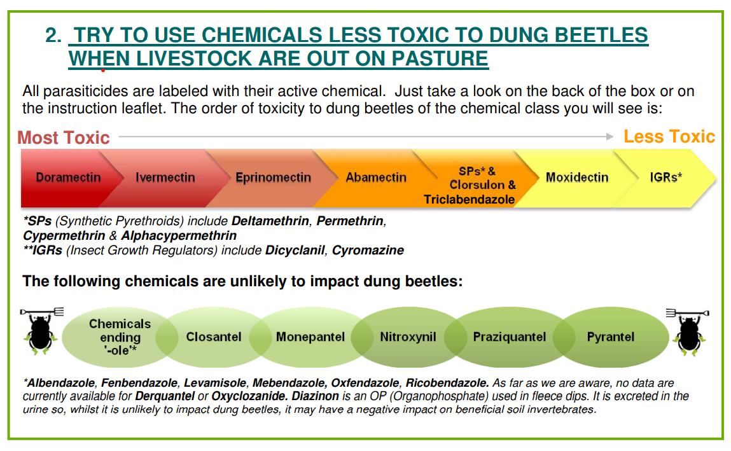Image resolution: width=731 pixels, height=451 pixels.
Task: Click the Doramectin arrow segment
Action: pyautogui.click(x=66, y=177)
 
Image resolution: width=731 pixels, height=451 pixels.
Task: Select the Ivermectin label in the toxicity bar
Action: pyautogui.click(x=165, y=177)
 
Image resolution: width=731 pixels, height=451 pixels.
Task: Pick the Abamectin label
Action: pyautogui.click(x=376, y=177)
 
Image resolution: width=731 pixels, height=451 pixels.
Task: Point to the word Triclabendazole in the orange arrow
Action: pyautogui.click(x=469, y=199)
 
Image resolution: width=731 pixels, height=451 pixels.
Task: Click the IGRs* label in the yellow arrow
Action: pyautogui.click(x=665, y=177)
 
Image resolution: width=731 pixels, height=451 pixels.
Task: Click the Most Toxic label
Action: pyautogui.click(x=64, y=138)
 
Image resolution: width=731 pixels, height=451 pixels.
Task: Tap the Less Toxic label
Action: pyautogui.click(x=669, y=137)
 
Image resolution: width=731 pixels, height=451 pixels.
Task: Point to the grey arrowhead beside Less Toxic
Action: pyautogui.click(x=609, y=137)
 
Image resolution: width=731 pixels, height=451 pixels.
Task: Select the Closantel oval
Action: pyautogui.click(x=214, y=337)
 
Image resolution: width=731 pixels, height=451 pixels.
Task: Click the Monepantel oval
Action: pyautogui.click(x=310, y=337)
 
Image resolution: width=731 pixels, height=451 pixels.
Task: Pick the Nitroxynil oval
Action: pyautogui.click(x=408, y=337)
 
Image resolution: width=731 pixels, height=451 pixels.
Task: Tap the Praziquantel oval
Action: pyautogui.click(x=509, y=337)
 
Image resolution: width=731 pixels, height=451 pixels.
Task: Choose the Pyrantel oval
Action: pyautogui.click(x=610, y=337)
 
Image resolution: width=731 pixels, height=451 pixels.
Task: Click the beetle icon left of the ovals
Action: pyautogui.click(x=41, y=331)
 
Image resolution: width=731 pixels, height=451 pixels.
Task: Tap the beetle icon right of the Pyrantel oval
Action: pyautogui.click(x=690, y=331)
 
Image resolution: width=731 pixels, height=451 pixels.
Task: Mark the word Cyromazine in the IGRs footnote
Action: pyautogui.click(x=368, y=251)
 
